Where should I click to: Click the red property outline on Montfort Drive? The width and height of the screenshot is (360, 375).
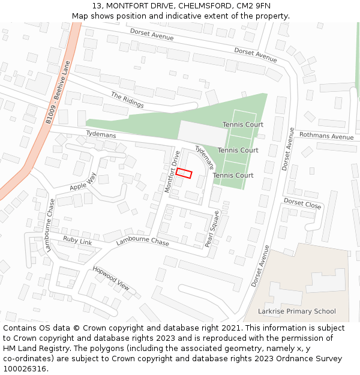pyautogui.click(x=184, y=173)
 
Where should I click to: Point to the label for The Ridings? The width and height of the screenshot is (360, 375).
pyautogui.click(x=127, y=100)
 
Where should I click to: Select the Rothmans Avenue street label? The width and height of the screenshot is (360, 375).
pyautogui.click(x=326, y=136)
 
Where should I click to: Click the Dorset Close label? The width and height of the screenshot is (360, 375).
pyautogui.click(x=302, y=203)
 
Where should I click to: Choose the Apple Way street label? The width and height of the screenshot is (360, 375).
pyautogui.click(x=83, y=182)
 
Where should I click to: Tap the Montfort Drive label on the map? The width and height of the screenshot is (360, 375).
pyautogui.click(x=172, y=171)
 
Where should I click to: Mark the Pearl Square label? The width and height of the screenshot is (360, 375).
pyautogui.click(x=212, y=229)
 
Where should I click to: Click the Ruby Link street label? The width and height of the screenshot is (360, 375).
pyautogui.click(x=77, y=241)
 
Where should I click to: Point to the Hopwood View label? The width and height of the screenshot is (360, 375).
pyautogui.click(x=111, y=278)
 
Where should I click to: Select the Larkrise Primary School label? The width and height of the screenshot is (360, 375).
pyautogui.click(x=296, y=311)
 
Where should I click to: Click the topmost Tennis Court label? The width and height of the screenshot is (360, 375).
pyautogui.click(x=243, y=125)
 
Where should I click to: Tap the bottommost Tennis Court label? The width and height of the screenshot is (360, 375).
pyautogui.click(x=233, y=175)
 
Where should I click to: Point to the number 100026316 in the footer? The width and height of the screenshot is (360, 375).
pyautogui.click(x=25, y=369)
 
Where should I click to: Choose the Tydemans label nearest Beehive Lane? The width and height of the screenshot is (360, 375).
pyautogui.click(x=101, y=134)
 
